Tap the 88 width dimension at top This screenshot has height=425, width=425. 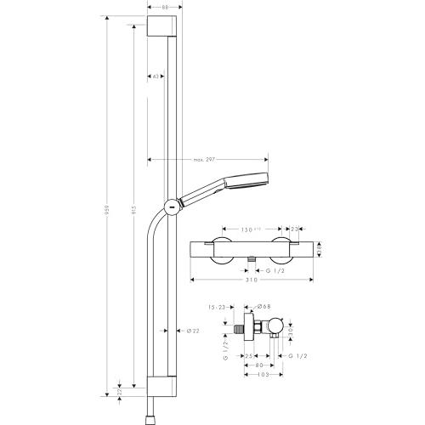[x=164, y=8]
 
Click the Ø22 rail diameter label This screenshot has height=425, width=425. [x=193, y=331]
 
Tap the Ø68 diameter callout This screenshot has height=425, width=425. [x=264, y=307]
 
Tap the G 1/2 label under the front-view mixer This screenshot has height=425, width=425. [x=271, y=269]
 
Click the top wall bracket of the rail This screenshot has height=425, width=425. [x=164, y=26]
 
